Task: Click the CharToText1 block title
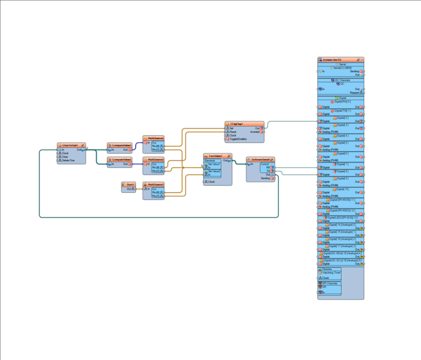(70, 145)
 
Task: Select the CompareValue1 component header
(119, 145)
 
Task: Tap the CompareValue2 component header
(119, 159)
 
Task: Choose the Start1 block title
(129, 184)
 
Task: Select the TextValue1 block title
(216, 156)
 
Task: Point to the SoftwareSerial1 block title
(260, 160)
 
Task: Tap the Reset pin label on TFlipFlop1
(233, 132)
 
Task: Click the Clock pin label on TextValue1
(212, 182)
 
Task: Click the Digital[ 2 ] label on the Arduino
(343, 118)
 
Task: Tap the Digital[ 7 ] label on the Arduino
(343, 165)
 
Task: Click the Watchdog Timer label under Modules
(331, 272)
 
